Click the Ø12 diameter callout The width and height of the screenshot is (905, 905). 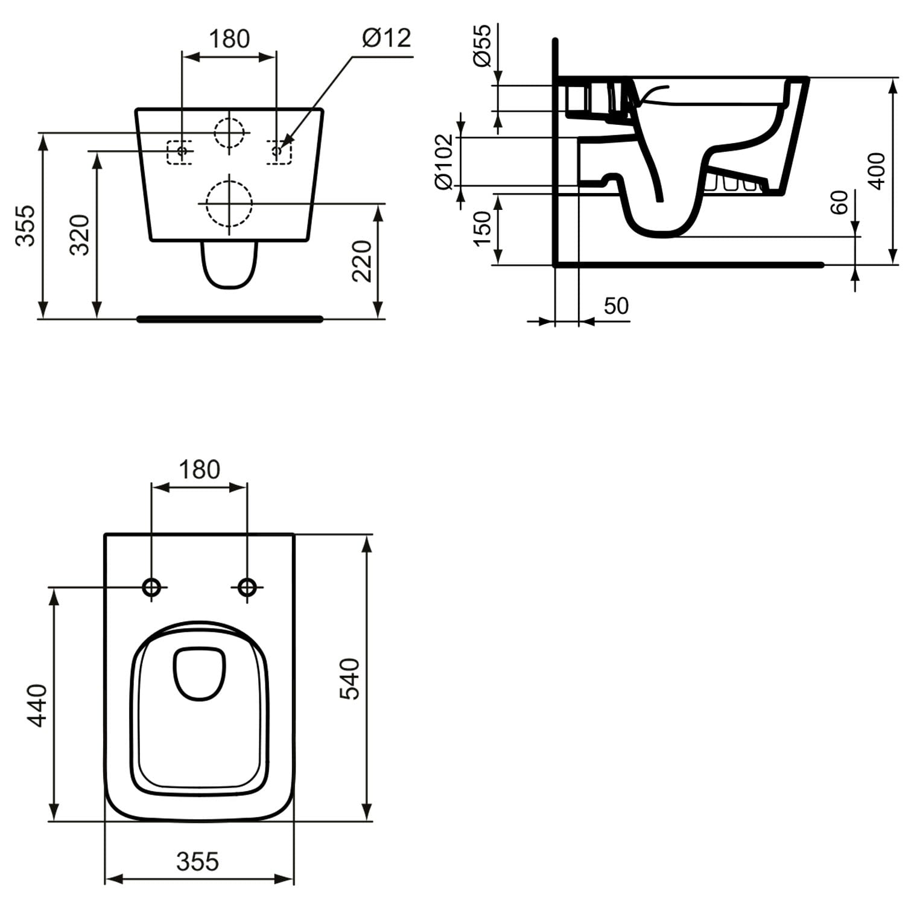pyautogui.click(x=387, y=38)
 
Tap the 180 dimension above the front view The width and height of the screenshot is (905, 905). pyautogui.click(x=229, y=39)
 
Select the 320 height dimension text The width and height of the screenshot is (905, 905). pyautogui.click(x=80, y=235)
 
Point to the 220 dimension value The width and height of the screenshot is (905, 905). pyautogui.click(x=362, y=261)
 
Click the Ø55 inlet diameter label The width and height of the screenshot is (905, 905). pyautogui.click(x=482, y=46)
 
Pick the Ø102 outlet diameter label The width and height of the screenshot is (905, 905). pyautogui.click(x=444, y=162)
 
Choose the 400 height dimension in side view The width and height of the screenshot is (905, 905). pyautogui.click(x=877, y=171)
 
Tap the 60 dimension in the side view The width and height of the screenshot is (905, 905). pyautogui.click(x=839, y=202)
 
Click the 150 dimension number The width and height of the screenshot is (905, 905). pyautogui.click(x=482, y=229)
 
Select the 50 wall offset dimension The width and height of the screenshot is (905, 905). pyautogui.click(x=616, y=306)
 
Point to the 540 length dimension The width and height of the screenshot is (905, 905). pyautogui.click(x=349, y=679)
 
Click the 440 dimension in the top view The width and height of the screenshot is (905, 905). pyautogui.click(x=37, y=705)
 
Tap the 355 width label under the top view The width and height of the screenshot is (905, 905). pyautogui.click(x=198, y=862)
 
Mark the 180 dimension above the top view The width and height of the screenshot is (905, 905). pyautogui.click(x=200, y=469)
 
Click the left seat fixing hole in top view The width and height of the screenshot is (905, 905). pyautogui.click(x=151, y=586)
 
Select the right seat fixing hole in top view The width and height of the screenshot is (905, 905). pyautogui.click(x=247, y=586)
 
